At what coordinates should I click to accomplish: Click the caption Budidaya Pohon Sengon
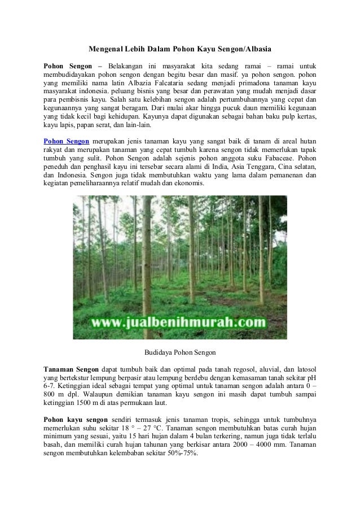pos(180,352)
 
